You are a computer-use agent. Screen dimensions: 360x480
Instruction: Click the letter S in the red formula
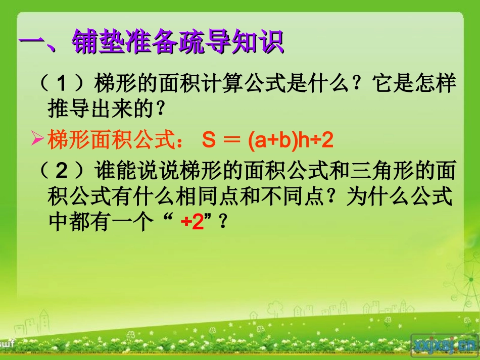(209, 141)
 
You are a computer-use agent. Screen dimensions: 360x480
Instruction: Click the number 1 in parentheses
(62, 83)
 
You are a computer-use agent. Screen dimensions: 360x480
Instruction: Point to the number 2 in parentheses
(62, 173)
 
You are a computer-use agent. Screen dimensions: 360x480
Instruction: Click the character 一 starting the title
(32, 43)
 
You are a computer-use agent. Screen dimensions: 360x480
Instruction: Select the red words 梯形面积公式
(108, 140)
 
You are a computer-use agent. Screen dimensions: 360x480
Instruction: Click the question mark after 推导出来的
(160, 108)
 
